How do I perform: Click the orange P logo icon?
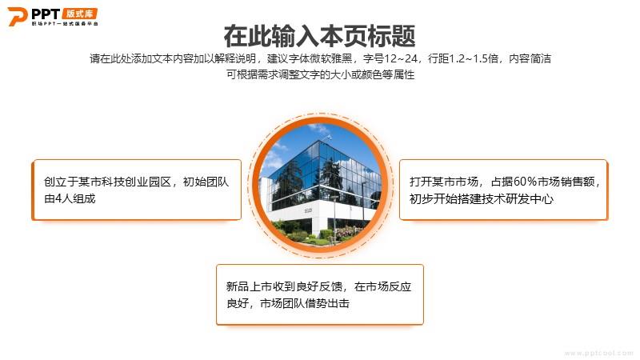(17, 16)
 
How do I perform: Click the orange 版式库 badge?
(79, 14)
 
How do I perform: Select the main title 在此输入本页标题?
(319, 36)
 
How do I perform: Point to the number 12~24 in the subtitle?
(401, 58)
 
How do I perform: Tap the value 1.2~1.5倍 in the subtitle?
(474, 58)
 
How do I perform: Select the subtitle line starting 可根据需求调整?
(321, 74)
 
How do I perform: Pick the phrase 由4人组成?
(70, 198)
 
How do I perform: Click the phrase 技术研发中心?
(519, 198)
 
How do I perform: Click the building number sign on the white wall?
(308, 210)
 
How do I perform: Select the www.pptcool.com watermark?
(598, 353)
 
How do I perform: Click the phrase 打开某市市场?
(444, 182)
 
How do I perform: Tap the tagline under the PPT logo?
(65, 24)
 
